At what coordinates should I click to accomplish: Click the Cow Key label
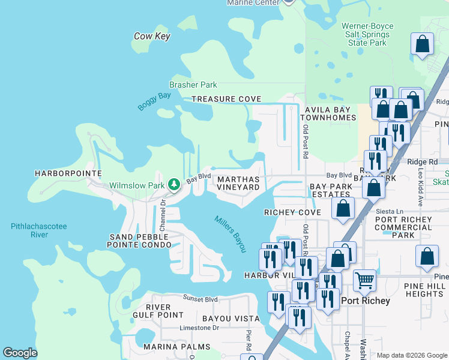click(x=152, y=37)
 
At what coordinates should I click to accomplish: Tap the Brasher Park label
click(x=193, y=85)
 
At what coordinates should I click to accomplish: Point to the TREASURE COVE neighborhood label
click(x=226, y=99)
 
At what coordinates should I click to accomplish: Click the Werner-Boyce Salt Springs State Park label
click(x=364, y=35)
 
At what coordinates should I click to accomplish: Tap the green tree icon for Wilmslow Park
click(x=174, y=184)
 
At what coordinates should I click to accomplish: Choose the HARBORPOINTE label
click(x=68, y=173)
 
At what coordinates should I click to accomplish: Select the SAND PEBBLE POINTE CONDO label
click(x=139, y=241)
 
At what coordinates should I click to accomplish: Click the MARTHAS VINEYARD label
click(x=238, y=183)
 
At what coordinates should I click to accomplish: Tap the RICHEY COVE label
click(x=292, y=212)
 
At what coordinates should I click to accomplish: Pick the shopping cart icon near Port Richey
click(x=364, y=280)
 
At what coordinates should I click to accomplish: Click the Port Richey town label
click(x=366, y=301)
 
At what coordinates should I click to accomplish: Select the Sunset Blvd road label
click(x=200, y=298)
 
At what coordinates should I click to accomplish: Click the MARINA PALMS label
click(x=176, y=347)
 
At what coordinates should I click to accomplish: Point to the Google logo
click(x=20, y=353)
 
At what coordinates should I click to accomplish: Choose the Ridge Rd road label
click(x=423, y=162)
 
